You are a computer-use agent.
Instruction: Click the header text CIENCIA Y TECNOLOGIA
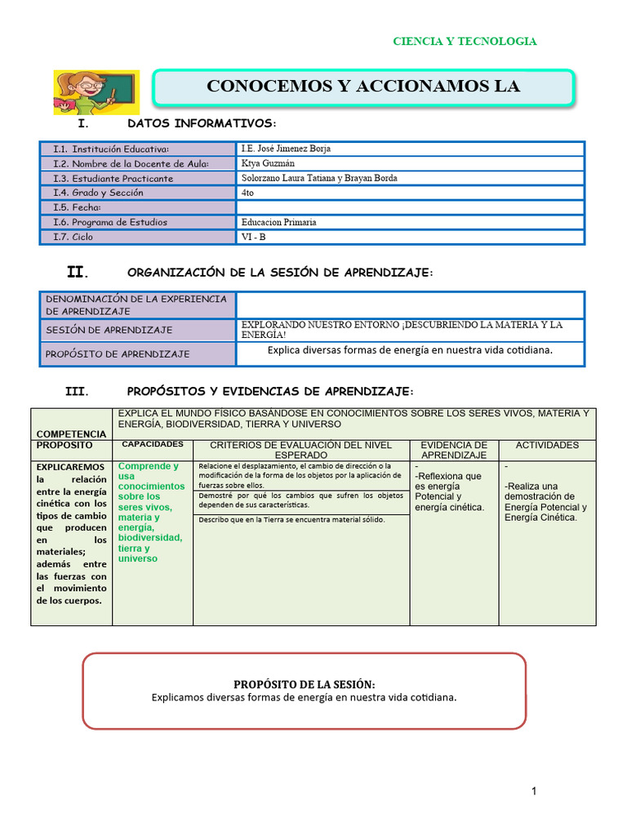point(465,42)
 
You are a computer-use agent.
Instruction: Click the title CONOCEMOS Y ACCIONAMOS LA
point(363,87)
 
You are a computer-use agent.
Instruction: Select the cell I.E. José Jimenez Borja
point(286,149)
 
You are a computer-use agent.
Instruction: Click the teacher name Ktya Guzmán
point(268,163)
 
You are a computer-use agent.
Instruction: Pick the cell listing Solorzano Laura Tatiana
point(319,178)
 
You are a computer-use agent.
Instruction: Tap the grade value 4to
point(248,193)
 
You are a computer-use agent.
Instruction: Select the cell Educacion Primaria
point(278,222)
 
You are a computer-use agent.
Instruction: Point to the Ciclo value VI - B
point(255,237)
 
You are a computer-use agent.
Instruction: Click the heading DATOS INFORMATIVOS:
point(202,123)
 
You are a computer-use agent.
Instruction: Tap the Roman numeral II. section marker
point(78,272)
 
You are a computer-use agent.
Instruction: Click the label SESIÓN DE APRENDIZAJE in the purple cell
point(109,330)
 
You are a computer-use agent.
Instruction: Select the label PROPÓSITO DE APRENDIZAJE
point(117,354)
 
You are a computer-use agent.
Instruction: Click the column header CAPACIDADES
point(153,445)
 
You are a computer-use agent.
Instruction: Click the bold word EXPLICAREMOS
point(70,466)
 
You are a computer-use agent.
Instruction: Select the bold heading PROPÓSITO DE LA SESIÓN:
point(304,684)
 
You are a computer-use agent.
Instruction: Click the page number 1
point(533,790)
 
